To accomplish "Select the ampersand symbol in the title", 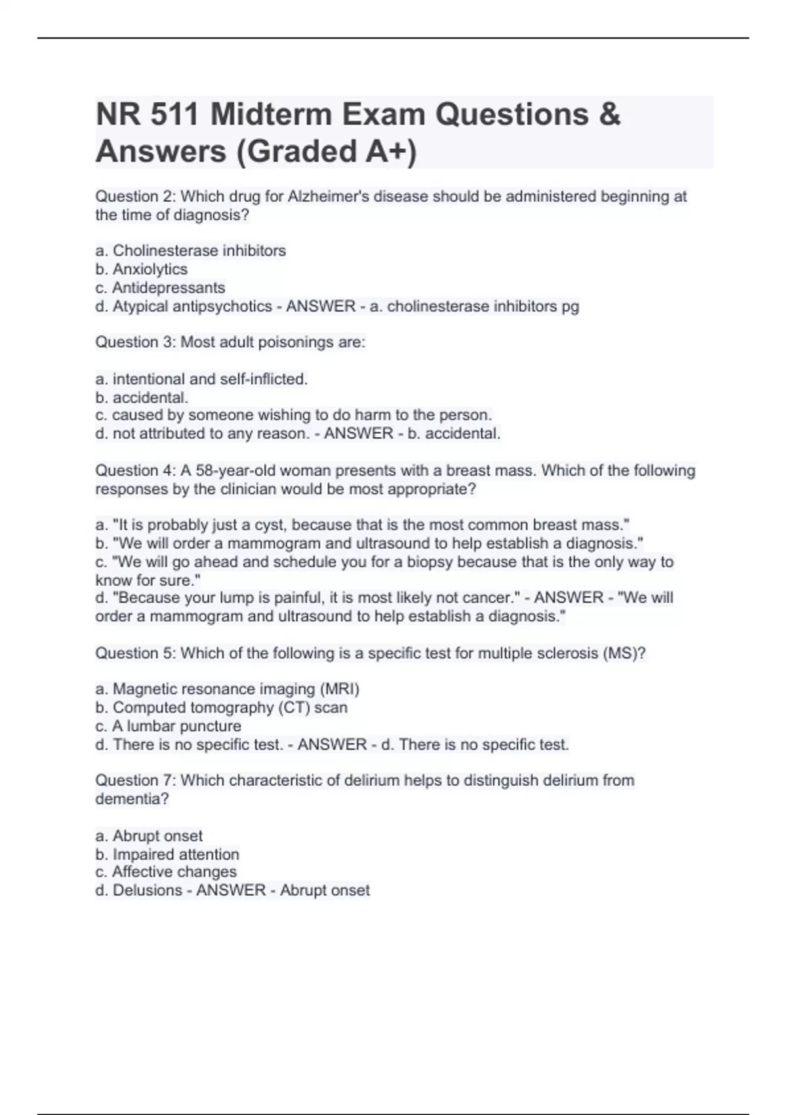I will coord(609,115).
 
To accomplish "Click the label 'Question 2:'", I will coord(136,196).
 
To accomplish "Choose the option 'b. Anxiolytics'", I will coord(141,269).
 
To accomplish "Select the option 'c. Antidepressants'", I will coord(160,287).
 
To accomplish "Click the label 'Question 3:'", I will coord(136,342).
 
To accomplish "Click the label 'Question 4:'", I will coord(136,470).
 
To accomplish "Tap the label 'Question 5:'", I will coord(136,653).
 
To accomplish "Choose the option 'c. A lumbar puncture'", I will coord(168,726).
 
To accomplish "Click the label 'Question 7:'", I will coord(136,780).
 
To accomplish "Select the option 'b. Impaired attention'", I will coord(167,854).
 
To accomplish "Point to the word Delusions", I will coord(148,890).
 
